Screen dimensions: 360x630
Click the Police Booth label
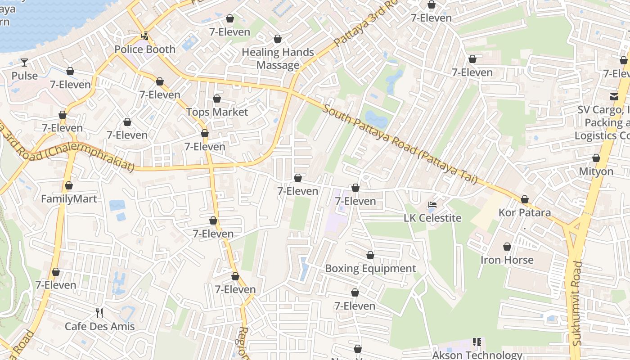145,49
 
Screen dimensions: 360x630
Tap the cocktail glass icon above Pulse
24,63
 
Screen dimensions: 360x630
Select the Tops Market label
217,112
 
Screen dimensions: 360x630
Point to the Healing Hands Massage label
278,58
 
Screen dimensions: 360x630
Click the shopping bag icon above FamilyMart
69,185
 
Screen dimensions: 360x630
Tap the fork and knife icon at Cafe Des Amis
99,313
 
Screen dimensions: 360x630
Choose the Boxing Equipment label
370,269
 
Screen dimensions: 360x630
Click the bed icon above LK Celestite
432,205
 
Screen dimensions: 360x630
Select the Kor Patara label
524,212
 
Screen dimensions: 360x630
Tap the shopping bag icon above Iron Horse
507,247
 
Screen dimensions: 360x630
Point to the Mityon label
596,171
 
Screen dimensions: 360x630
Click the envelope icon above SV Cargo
614,96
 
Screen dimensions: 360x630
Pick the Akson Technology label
477,355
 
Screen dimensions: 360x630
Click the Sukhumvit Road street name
577,303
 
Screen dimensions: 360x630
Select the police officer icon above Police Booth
144,36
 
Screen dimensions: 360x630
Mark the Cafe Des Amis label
99,326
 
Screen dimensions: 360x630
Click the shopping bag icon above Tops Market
217,99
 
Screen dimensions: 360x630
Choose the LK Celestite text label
432,218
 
